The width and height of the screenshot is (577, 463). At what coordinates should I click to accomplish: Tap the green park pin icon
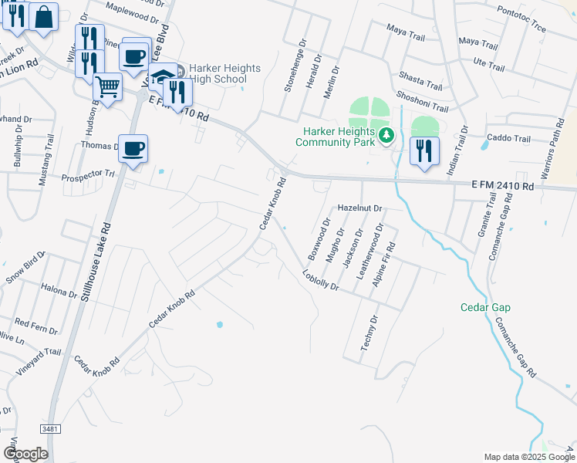[x=386, y=137]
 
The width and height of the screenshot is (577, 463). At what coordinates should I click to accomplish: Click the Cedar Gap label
[x=486, y=307]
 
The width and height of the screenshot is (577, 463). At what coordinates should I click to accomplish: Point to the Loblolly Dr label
[x=321, y=279]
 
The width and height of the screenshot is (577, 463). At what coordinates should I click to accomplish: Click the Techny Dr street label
[x=369, y=333]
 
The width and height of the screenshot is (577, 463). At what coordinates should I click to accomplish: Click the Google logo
[x=25, y=454]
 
